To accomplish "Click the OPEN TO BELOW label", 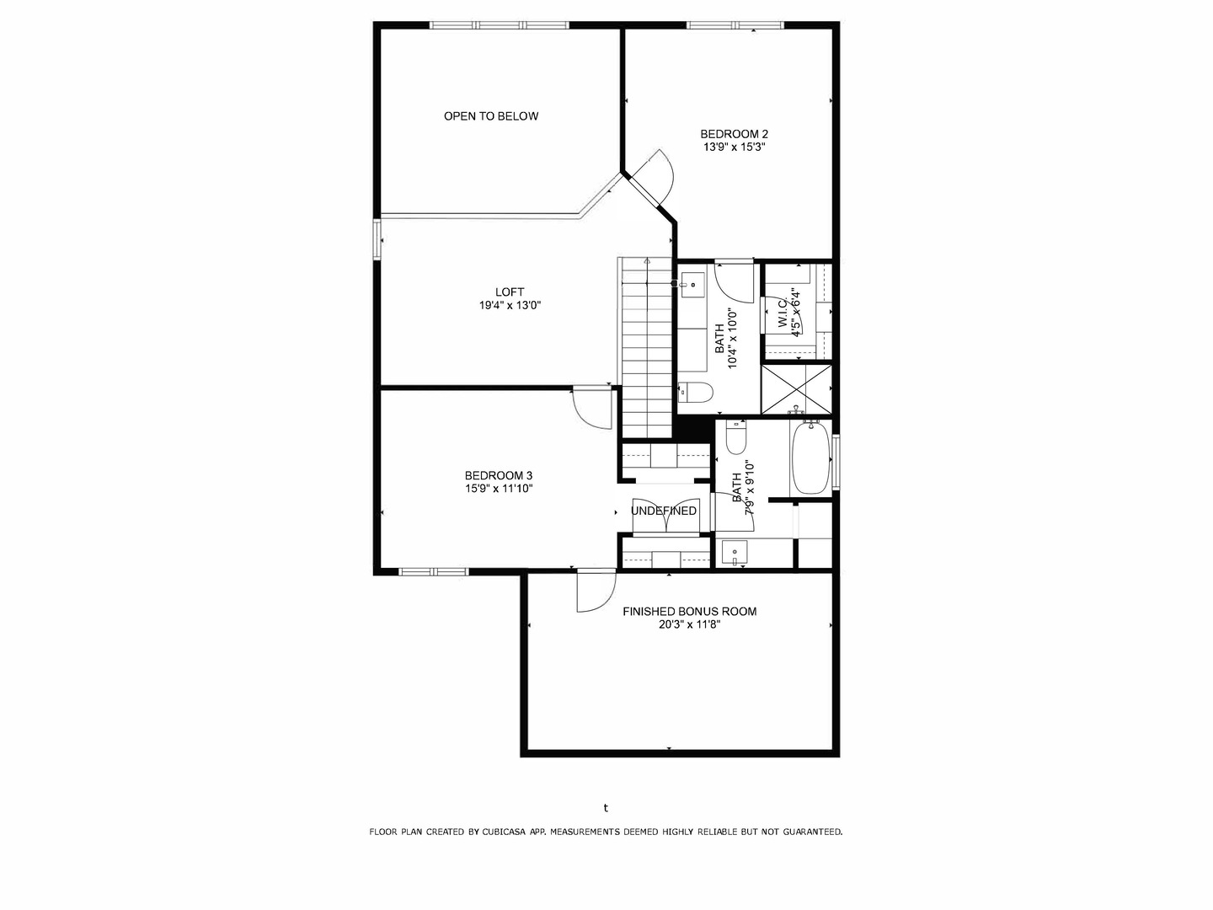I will pos(491,116).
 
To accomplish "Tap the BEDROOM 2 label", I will pos(735,134).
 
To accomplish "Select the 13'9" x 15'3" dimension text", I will pos(735,147).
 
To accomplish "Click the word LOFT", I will pos(510,292).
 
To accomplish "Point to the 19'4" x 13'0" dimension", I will pos(510,306).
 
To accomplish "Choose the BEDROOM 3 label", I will pos(499,475).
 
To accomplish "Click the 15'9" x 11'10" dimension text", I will pos(499,488).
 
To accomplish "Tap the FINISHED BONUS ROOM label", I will pos(689,612).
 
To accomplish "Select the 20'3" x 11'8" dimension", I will pos(689,624).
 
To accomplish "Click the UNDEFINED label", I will pos(664,511).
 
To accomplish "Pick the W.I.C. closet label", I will pos(783,313).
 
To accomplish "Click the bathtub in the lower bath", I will pos(810,458).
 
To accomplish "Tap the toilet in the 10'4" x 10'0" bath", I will pos(696,392).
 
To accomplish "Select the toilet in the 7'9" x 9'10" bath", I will pos(736,436).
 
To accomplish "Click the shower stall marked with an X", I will pos(796,388).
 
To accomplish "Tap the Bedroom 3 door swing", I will pos(591,409).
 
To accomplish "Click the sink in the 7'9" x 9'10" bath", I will pos(736,553).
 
